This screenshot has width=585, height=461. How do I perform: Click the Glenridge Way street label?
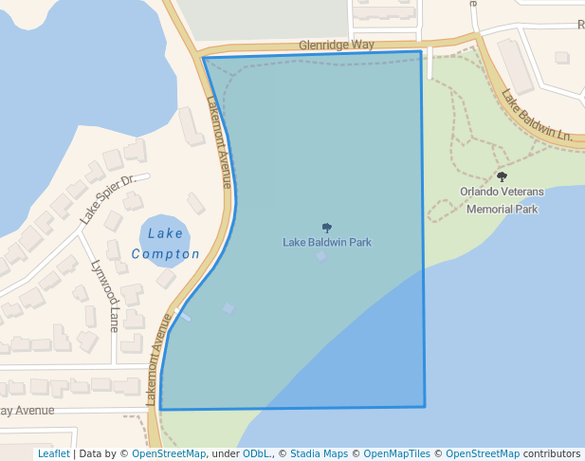(336, 45)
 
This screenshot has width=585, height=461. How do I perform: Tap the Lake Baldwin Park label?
(327, 242)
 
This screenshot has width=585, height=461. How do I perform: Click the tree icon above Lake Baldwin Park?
(327, 228)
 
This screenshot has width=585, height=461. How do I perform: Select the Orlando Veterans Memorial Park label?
(502, 200)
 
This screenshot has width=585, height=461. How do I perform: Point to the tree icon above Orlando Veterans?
(502, 176)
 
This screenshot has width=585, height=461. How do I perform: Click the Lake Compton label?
(166, 244)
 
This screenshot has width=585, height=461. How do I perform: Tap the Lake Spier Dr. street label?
(114, 197)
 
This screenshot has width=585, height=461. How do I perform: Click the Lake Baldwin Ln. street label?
(537, 116)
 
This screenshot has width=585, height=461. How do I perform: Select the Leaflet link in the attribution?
(54, 454)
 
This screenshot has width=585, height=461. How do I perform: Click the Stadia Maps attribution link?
(319, 454)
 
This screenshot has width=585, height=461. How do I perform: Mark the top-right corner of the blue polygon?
(420, 51)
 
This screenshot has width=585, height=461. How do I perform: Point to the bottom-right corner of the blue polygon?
(424, 407)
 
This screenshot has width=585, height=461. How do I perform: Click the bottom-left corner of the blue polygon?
(160, 409)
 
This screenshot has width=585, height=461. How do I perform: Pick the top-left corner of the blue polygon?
(204, 58)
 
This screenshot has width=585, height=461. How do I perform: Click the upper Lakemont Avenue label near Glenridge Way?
(219, 142)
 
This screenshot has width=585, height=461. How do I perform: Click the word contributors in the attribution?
(552, 454)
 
